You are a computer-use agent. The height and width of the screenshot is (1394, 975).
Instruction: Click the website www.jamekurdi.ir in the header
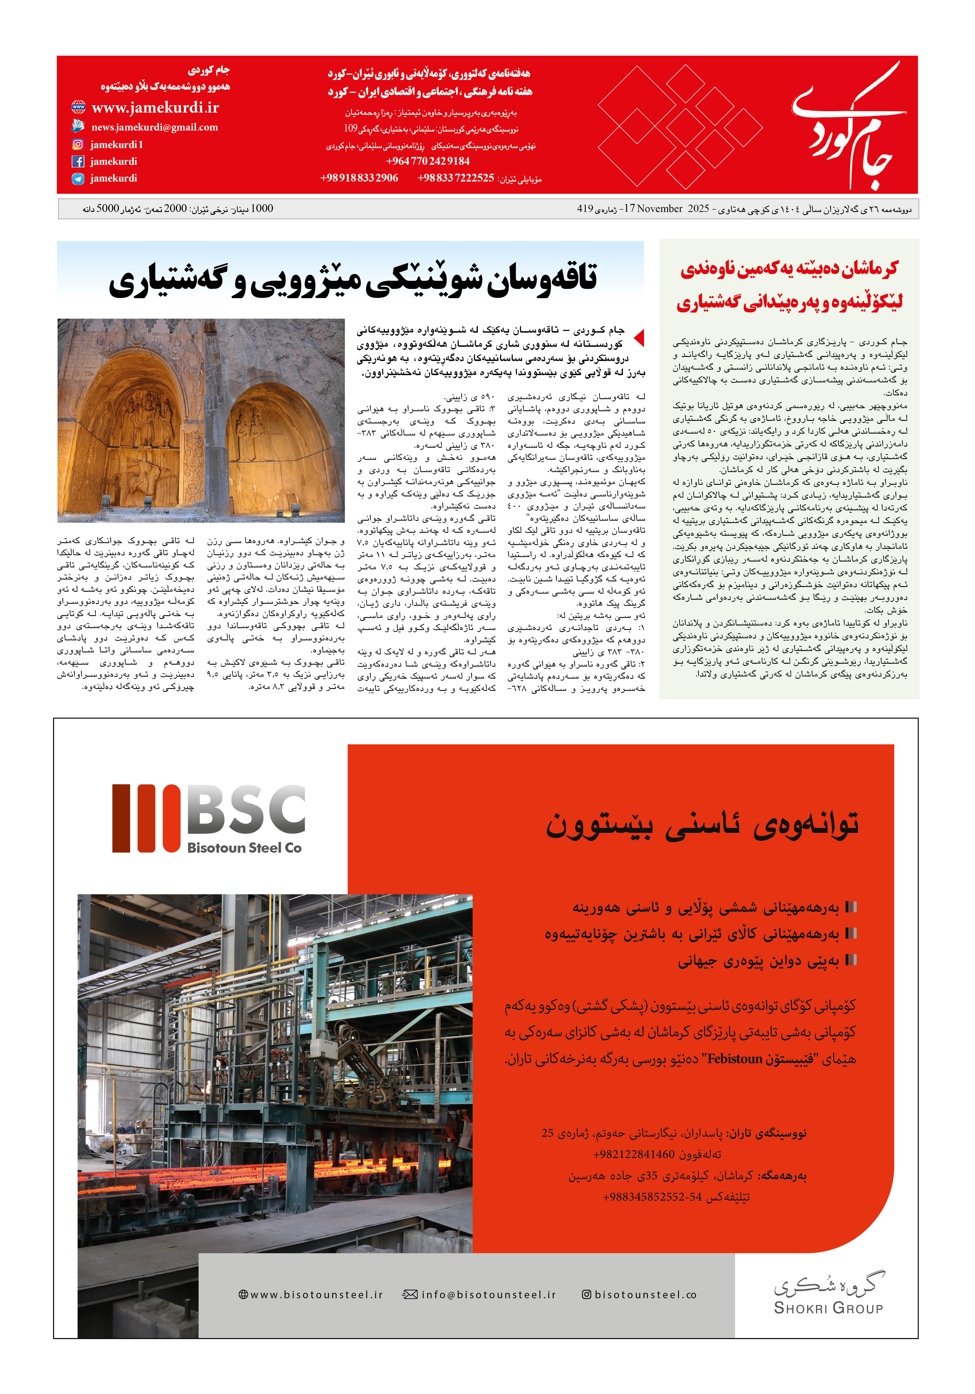pyautogui.click(x=155, y=107)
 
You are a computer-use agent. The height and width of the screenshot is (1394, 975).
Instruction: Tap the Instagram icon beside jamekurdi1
pyautogui.click(x=78, y=144)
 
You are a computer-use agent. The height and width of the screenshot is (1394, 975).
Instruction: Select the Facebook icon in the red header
pyautogui.click(x=78, y=161)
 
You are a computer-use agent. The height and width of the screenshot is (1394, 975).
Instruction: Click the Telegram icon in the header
pyautogui.click(x=78, y=178)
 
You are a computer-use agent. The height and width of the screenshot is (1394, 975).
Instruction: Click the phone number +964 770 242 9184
pyautogui.click(x=428, y=161)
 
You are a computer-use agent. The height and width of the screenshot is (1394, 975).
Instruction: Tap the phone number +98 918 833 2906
pyautogui.click(x=359, y=178)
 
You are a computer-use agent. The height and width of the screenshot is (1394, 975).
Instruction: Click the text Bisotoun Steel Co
pyautogui.click(x=244, y=848)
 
